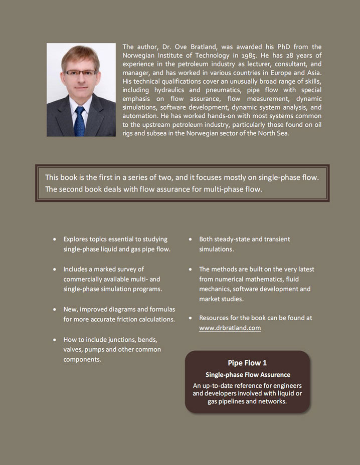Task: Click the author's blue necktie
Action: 79,120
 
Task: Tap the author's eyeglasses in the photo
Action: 80,72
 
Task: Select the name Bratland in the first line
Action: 200,47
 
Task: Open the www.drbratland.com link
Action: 230,328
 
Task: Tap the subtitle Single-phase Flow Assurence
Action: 247,375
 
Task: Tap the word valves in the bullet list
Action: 73,349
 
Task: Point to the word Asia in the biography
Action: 312,73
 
